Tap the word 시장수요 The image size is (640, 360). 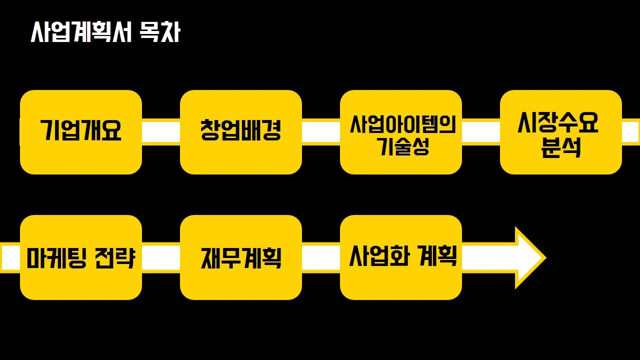click(x=558, y=123)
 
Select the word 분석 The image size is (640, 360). click(x=560, y=148)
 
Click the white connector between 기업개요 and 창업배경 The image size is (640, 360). click(x=161, y=132)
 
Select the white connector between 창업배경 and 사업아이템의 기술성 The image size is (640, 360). click(x=321, y=132)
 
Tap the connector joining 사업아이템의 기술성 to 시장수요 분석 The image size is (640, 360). click(x=481, y=132)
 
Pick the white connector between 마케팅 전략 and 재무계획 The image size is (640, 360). click(x=161, y=257)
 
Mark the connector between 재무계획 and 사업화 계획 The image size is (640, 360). click(x=321, y=257)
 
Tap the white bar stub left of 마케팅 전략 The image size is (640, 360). click(x=10, y=257)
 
